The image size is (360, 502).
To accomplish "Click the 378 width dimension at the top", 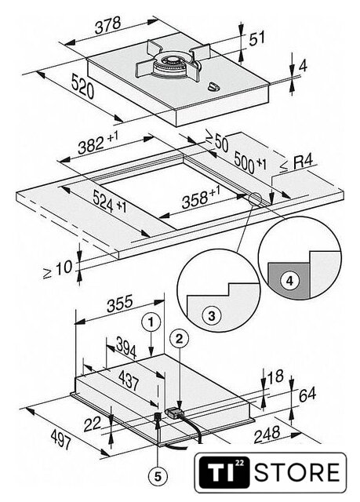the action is click(x=107, y=24).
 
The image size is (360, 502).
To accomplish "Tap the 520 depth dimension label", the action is click(x=82, y=85).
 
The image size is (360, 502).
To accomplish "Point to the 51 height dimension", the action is click(x=257, y=38).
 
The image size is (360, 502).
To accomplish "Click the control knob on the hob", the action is click(x=213, y=86).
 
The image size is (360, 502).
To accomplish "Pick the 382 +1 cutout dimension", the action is click(x=98, y=143).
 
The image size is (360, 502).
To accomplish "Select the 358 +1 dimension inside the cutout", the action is click(x=201, y=198).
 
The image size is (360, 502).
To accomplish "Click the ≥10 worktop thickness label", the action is click(x=58, y=269).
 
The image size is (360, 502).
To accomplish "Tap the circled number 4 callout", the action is click(x=289, y=281).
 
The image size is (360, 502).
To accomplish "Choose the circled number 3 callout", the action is click(x=212, y=315).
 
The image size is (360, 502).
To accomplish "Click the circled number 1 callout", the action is click(x=151, y=322).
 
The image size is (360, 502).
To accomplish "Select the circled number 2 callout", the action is click(x=179, y=339).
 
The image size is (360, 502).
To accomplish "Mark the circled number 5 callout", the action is click(x=158, y=477).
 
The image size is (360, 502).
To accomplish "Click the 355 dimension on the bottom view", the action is click(x=119, y=304).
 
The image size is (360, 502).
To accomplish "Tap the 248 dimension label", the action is click(x=267, y=435).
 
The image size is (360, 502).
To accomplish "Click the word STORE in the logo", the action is click(x=296, y=472).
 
